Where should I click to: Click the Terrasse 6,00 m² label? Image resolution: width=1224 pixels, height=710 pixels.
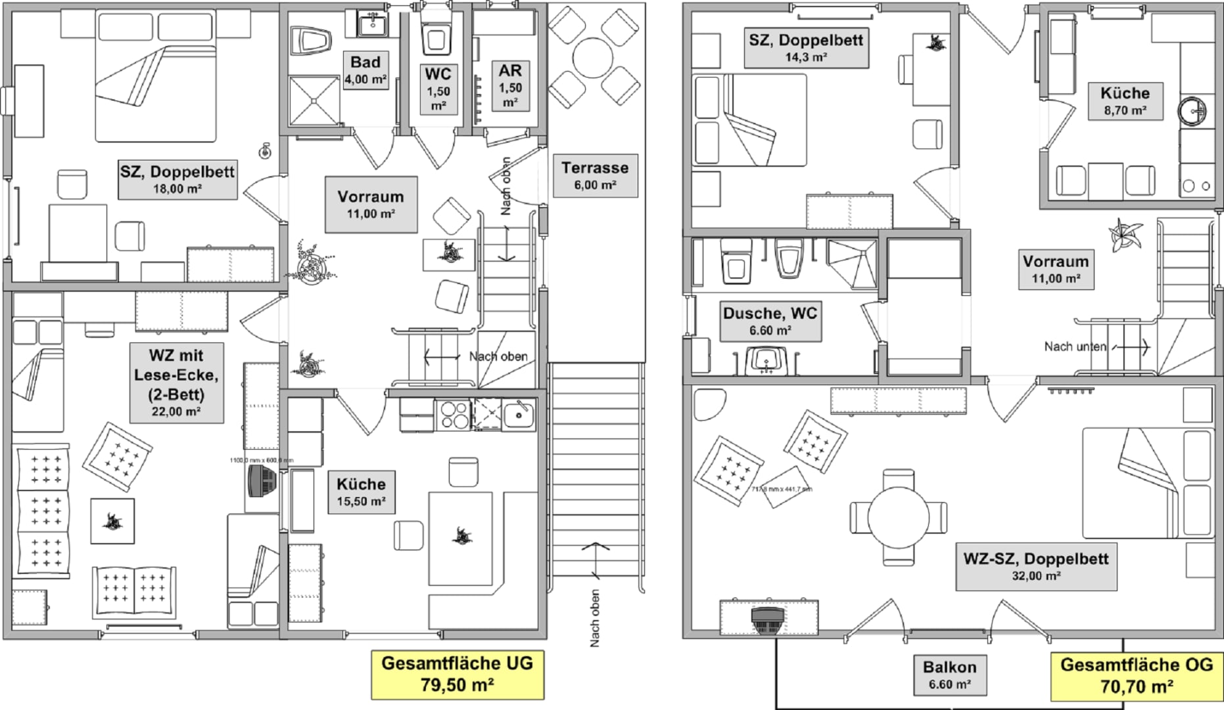[x=595, y=176]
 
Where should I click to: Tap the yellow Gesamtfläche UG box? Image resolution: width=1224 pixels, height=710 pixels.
[x=458, y=674]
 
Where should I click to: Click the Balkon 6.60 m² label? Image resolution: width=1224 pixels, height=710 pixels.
[x=950, y=674]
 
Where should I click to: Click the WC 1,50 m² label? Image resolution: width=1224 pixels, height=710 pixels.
[x=438, y=89]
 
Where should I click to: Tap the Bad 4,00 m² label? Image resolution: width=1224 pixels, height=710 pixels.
[x=365, y=70]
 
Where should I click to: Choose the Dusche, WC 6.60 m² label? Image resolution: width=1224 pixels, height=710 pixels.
[x=770, y=320]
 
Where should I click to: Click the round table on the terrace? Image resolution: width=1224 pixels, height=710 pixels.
[x=594, y=57]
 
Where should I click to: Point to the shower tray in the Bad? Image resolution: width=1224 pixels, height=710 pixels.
[x=315, y=101]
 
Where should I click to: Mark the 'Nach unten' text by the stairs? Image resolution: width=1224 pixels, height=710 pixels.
[x=1075, y=346]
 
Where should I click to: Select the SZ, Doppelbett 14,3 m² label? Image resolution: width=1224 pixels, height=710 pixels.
[x=806, y=47]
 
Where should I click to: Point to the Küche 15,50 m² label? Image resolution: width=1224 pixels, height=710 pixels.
[x=361, y=491]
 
